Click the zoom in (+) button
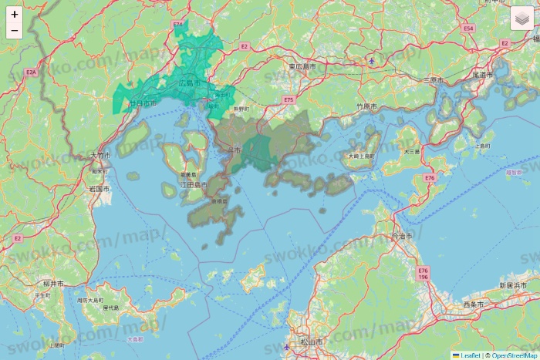point(15,14)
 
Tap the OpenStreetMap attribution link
point(512,355)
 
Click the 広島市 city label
point(189,82)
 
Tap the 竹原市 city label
point(366,106)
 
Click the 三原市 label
point(435,80)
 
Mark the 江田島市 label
point(193,186)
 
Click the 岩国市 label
point(98,188)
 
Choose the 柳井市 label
point(53,284)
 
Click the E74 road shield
point(179,25)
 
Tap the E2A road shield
point(30,72)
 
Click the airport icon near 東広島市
point(372,60)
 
